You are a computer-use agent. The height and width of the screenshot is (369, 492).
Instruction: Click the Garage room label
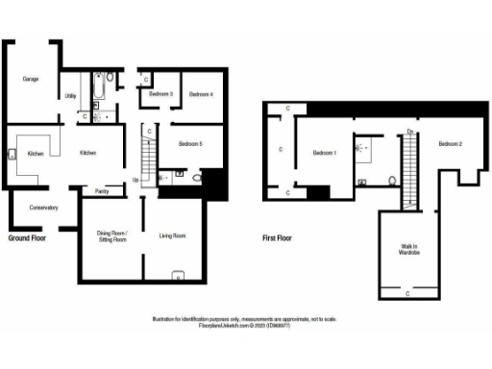[32, 79]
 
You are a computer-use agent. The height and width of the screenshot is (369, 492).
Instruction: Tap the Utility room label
[70, 95]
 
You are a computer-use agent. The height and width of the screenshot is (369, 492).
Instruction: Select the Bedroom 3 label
[160, 94]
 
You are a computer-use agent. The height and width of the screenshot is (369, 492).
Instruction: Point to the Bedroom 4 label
[201, 94]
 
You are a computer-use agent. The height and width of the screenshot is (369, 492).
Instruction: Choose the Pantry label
[102, 191]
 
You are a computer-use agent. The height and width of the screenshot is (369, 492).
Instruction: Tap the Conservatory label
[43, 208]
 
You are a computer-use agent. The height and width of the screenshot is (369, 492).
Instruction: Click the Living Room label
[172, 235]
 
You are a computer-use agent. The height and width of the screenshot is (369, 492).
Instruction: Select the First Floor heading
[278, 237]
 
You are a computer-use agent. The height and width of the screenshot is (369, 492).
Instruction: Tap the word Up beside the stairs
[135, 180]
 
